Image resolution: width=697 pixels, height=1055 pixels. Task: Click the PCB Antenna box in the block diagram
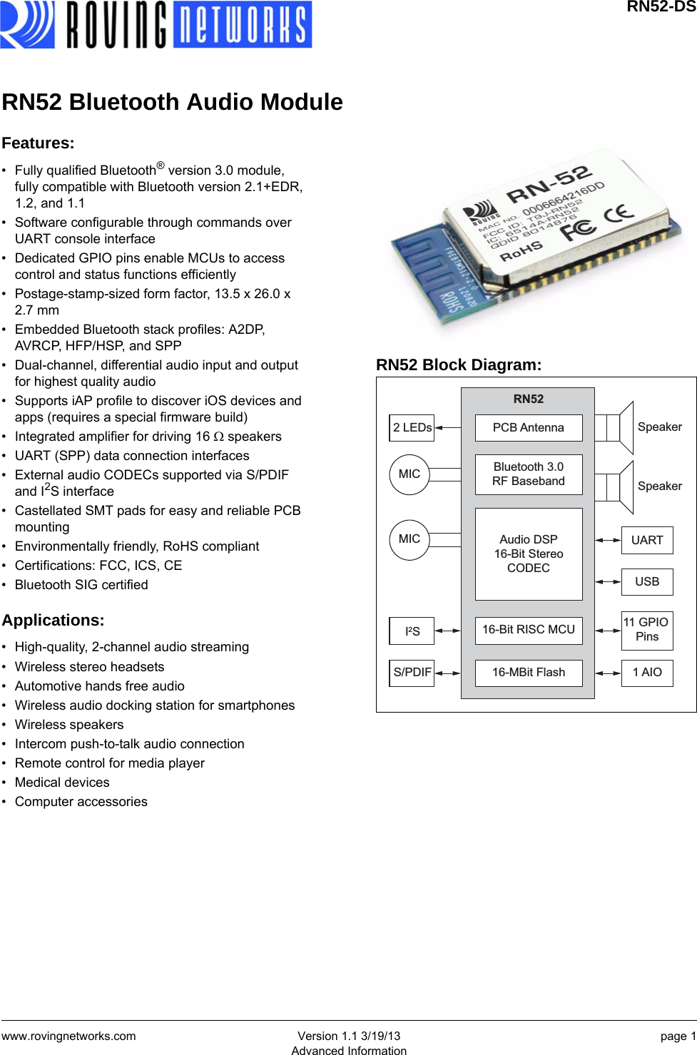(x=528, y=427)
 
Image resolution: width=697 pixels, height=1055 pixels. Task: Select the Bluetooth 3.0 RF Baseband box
(x=528, y=474)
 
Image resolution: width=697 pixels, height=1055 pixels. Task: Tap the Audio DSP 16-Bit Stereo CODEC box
(x=528, y=554)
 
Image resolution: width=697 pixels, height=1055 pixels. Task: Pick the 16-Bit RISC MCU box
(x=528, y=630)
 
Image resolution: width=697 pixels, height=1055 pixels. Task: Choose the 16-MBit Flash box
(x=528, y=673)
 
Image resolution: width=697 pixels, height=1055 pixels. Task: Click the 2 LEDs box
(x=412, y=428)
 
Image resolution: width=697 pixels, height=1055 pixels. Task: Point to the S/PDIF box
(x=412, y=673)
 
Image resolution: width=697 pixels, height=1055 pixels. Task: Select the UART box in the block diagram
(x=646, y=541)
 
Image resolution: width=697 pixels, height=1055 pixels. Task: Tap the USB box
(x=646, y=582)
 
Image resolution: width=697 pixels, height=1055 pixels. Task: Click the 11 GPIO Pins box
(x=646, y=630)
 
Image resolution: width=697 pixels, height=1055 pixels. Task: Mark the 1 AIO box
(x=646, y=673)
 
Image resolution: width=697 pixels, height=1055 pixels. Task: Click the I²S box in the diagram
(x=412, y=631)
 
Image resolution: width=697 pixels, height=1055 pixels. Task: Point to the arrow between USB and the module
(x=608, y=582)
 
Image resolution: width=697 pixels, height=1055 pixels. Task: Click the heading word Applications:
(x=53, y=621)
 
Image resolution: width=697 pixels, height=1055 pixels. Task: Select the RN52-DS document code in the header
(x=661, y=7)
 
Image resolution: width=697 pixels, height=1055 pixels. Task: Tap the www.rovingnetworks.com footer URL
(x=68, y=1036)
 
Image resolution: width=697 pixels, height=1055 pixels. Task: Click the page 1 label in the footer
(x=678, y=1036)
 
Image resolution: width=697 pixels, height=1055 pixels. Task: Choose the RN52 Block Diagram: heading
(x=459, y=365)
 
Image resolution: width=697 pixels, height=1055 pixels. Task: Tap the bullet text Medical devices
(x=62, y=783)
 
